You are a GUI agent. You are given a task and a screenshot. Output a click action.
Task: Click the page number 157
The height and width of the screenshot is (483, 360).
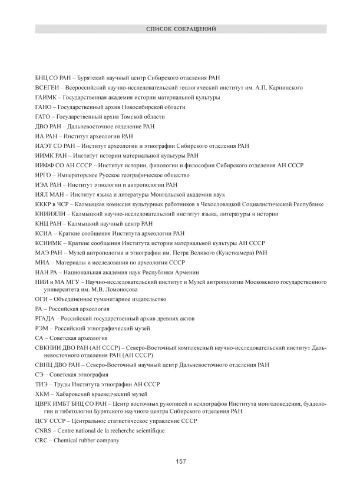(181, 461)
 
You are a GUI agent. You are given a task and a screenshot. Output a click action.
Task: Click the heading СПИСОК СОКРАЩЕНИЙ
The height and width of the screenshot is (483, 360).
(180, 28)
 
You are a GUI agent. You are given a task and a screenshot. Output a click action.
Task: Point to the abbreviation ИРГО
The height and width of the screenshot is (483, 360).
(43, 175)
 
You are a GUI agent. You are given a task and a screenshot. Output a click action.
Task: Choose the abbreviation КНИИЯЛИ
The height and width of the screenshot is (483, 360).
(49, 214)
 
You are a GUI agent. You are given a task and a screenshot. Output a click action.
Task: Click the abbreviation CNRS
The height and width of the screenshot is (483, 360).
(44, 431)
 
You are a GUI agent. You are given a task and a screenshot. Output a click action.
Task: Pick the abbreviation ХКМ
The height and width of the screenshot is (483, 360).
(42, 393)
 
